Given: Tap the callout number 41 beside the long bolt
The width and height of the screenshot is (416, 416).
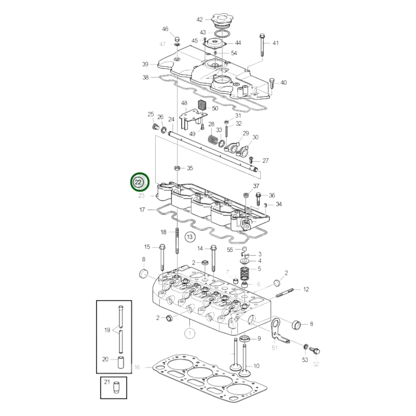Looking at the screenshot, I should click(x=276, y=43).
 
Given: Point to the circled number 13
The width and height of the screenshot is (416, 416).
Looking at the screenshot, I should click(x=189, y=237).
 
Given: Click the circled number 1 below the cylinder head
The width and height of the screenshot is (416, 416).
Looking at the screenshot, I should click(x=190, y=334).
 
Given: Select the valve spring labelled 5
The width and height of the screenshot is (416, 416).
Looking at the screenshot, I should click(x=245, y=274).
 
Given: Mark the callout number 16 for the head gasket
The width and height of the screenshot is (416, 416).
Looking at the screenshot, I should click(x=137, y=367).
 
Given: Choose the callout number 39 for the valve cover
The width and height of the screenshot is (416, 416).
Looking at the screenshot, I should click(x=145, y=64).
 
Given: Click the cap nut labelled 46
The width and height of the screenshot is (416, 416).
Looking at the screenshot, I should click(x=177, y=39).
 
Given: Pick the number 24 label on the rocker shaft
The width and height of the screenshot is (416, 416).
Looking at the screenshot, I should click(x=171, y=119).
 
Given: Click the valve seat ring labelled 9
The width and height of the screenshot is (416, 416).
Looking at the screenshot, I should click(x=244, y=338).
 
